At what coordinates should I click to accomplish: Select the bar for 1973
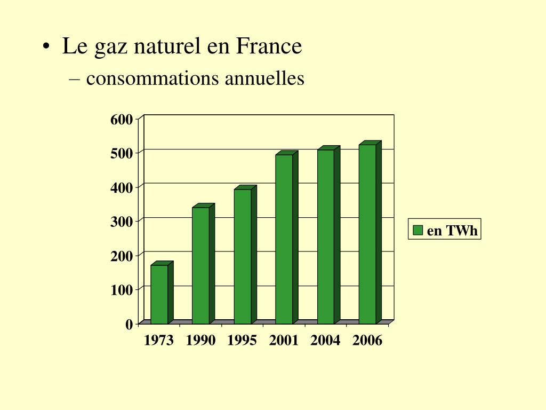point(159,294)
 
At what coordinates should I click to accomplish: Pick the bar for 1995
point(242,256)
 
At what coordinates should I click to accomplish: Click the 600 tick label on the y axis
point(122,120)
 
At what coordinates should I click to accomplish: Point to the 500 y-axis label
point(122,154)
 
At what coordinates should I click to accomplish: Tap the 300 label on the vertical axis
point(122,222)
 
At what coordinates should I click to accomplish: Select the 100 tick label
point(122,290)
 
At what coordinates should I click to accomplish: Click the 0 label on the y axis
point(129,324)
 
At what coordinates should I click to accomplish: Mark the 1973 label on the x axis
point(159,341)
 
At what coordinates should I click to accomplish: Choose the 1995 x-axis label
point(242,341)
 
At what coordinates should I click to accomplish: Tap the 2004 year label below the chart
point(325,341)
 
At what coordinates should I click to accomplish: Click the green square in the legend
point(418,230)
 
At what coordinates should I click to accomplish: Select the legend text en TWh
point(452,231)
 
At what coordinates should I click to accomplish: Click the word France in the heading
point(269,46)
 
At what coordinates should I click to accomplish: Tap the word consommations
point(153,79)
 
